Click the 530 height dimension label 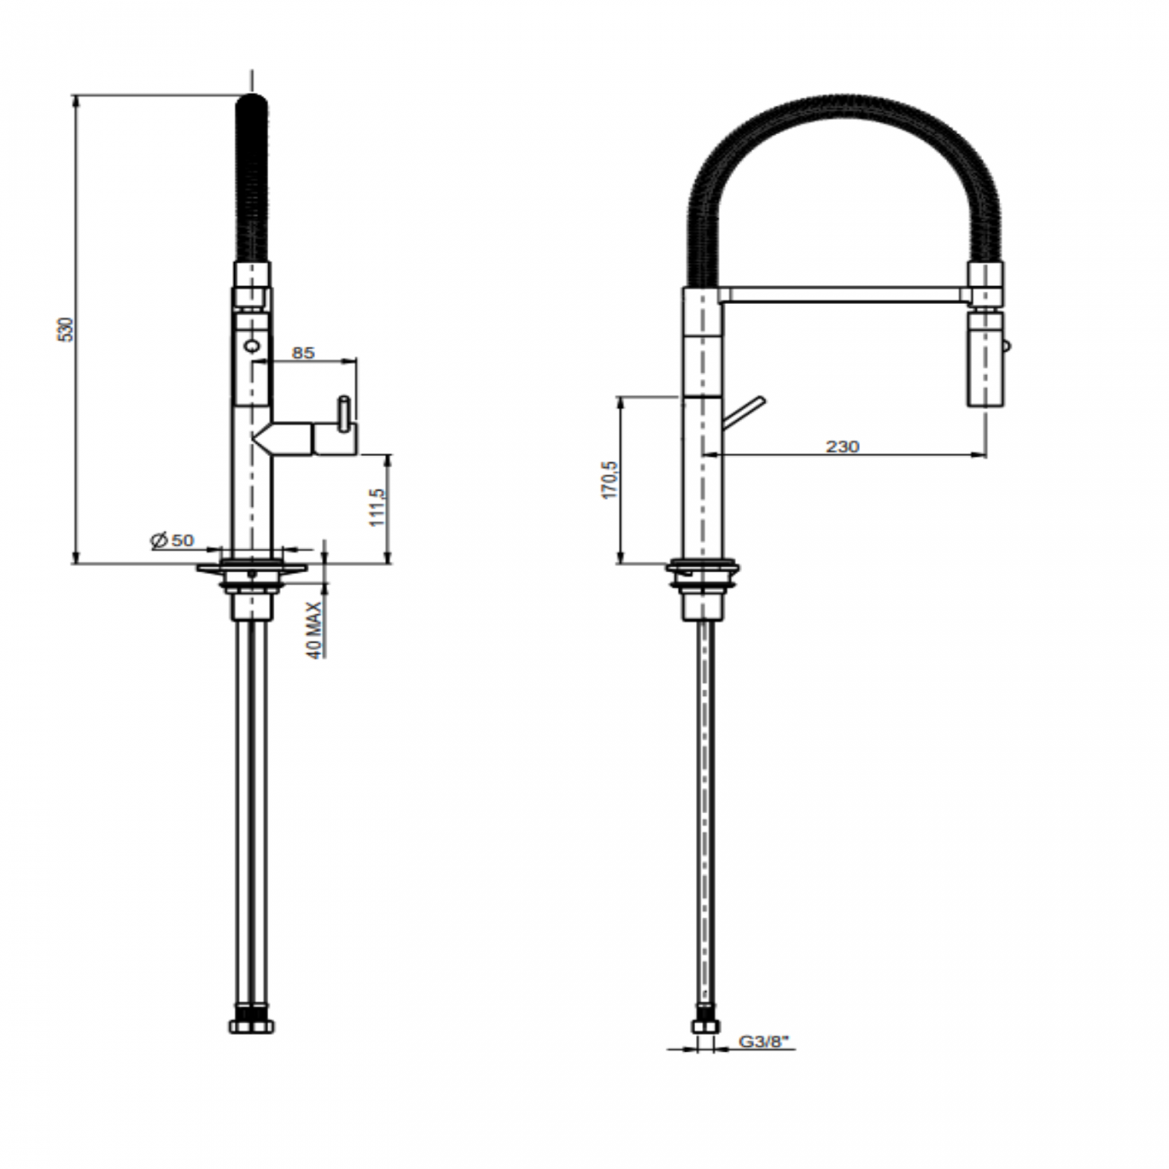tap(64, 328)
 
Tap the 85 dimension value tap(303, 352)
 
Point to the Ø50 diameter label tap(172, 540)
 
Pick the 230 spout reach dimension tap(843, 446)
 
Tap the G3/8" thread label tap(763, 1041)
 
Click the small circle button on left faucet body tap(251, 343)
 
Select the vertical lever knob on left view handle tap(344, 415)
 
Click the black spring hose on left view tap(252, 180)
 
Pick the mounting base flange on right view tap(703, 567)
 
